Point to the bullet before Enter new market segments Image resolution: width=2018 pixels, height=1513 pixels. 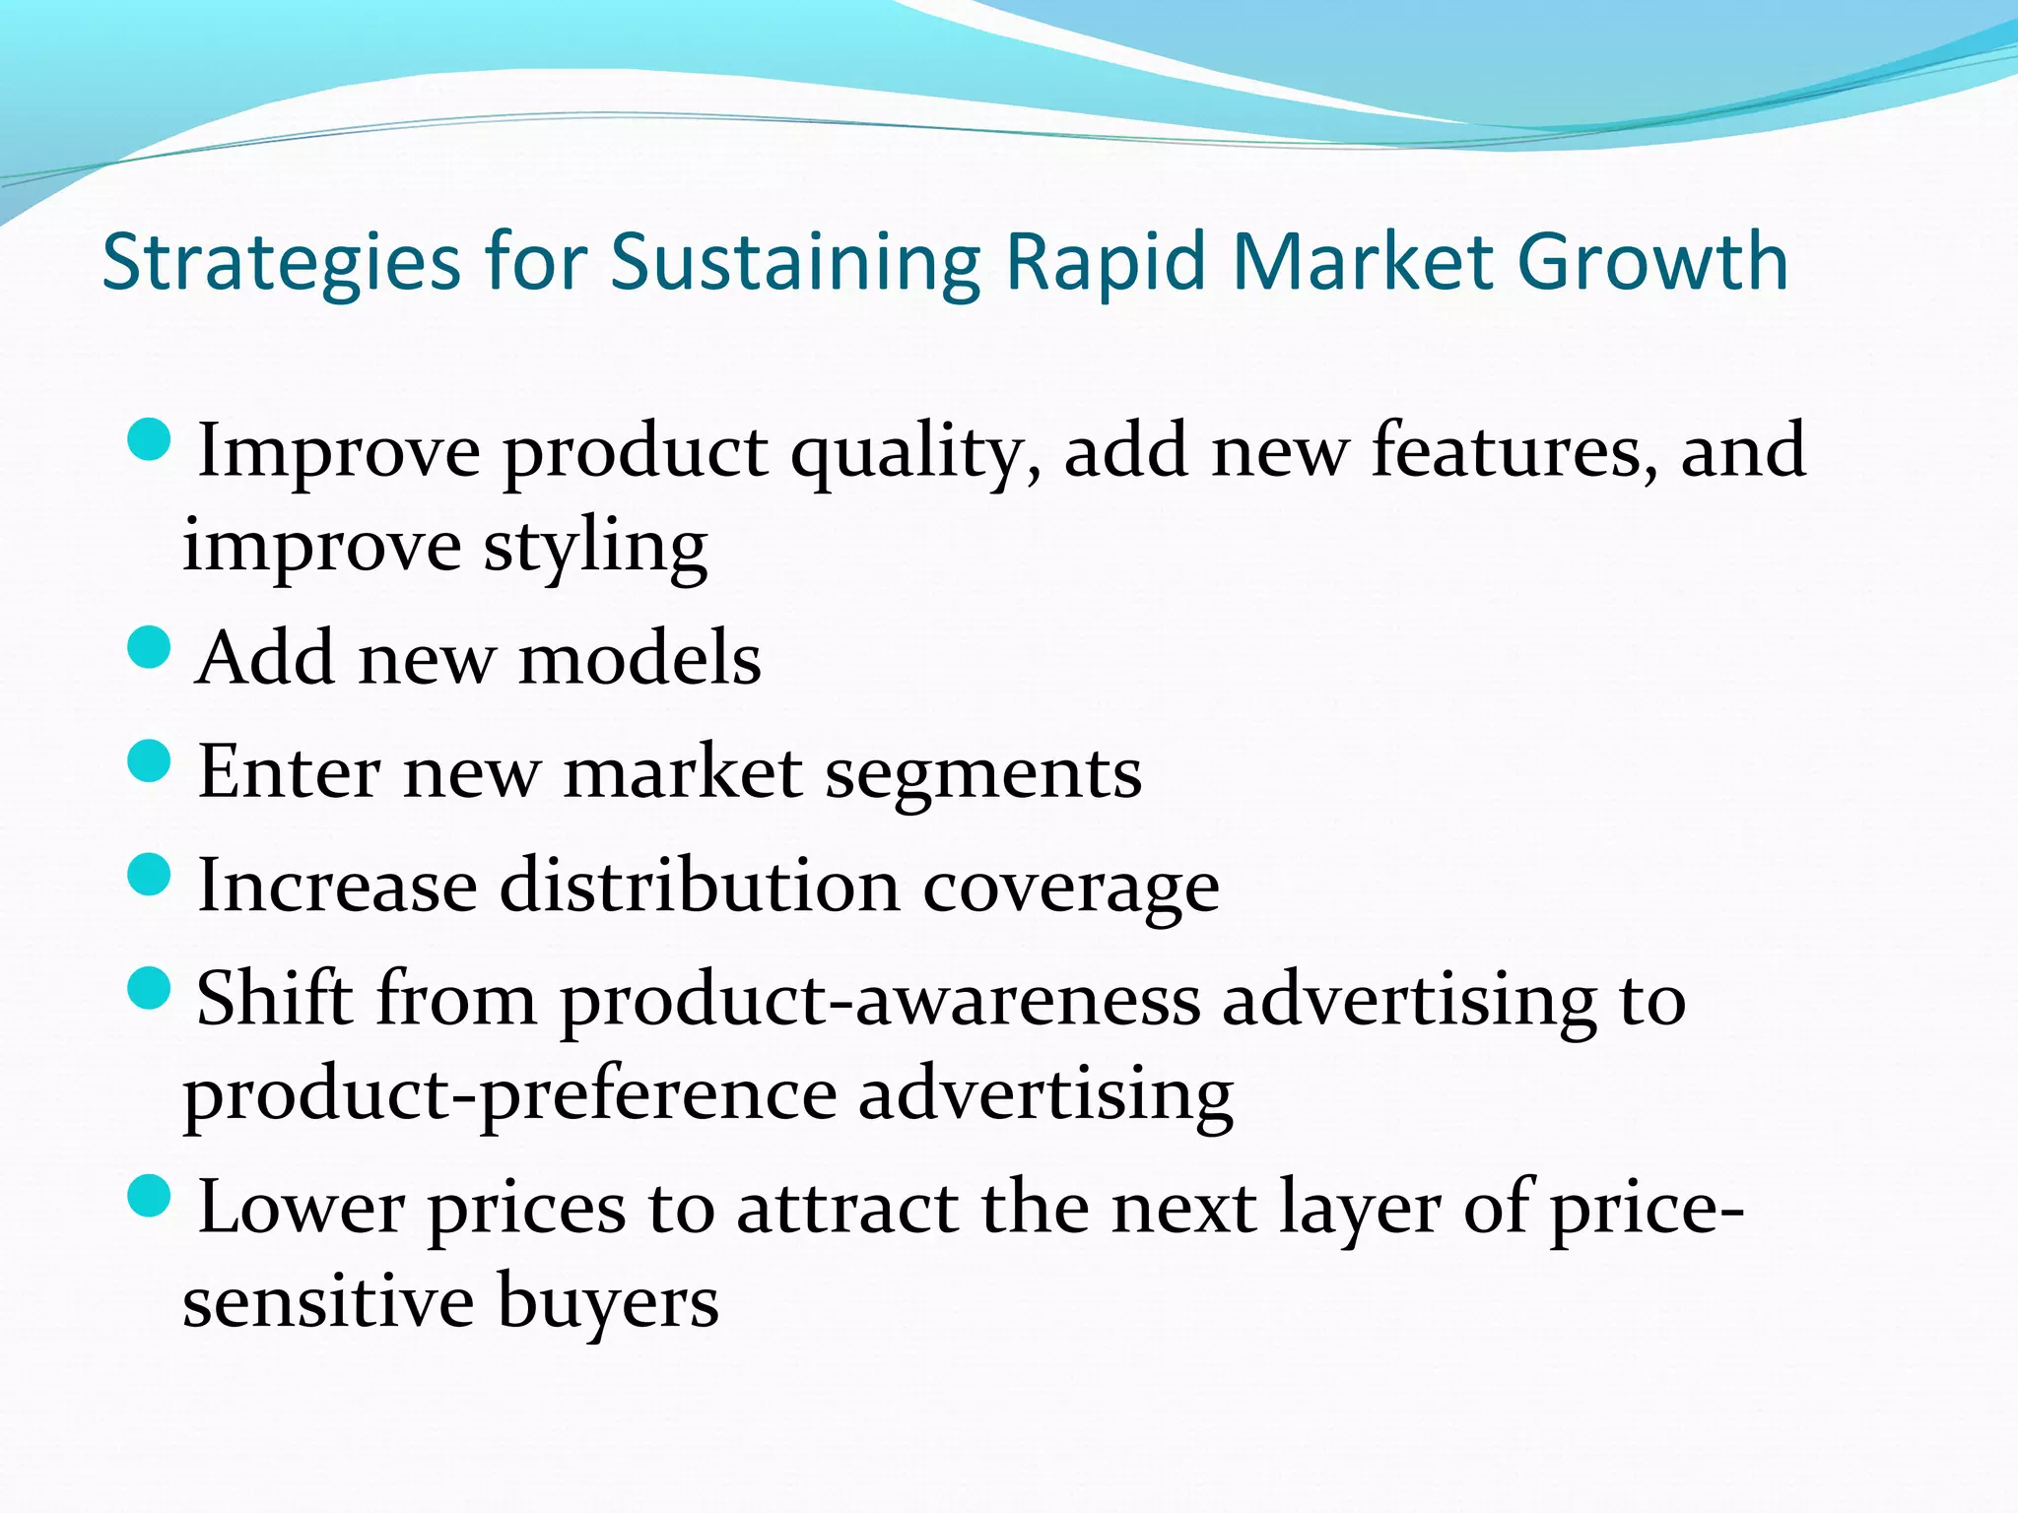click(x=150, y=761)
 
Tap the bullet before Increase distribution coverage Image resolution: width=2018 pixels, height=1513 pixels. click(x=150, y=875)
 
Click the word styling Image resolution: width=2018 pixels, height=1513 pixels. click(x=595, y=548)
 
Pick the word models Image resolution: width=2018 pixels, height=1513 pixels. click(x=639, y=658)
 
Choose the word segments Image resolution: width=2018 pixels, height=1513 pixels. click(x=982, y=772)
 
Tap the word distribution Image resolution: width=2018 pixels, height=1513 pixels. click(x=699, y=886)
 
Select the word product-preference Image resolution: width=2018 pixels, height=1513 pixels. click(x=509, y=1096)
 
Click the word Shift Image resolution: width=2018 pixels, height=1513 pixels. click(x=275, y=999)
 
